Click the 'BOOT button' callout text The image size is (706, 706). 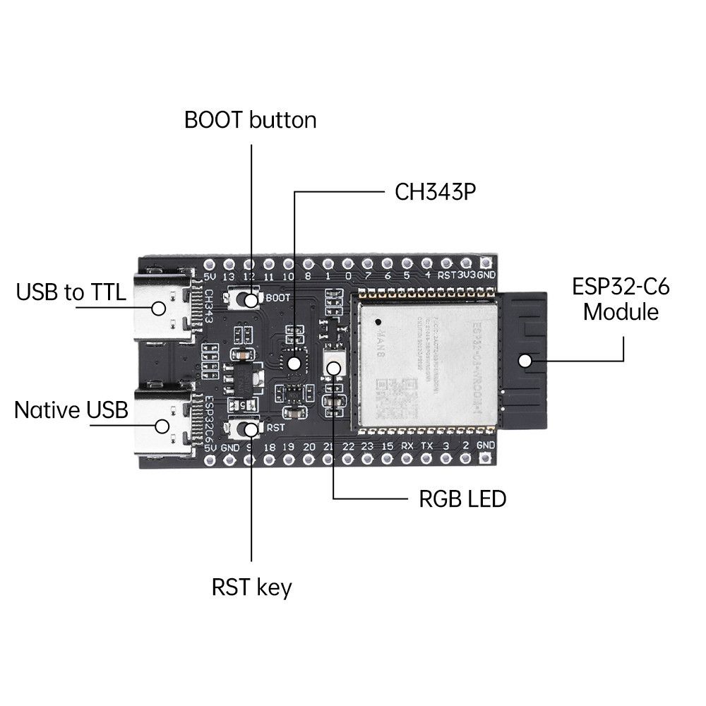coord(250,120)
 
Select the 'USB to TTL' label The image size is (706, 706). coord(71,292)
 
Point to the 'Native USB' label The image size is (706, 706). coord(71,409)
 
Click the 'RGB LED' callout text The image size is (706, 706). coord(462,499)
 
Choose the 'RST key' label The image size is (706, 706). coord(251,587)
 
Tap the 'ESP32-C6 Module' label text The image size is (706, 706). coord(621,299)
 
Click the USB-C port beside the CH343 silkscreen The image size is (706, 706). coord(162,308)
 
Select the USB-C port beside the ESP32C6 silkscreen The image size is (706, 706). coord(162,425)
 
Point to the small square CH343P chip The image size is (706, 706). coord(294,361)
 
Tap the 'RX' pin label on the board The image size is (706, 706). coord(407,447)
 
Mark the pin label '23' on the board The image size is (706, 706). coord(368,447)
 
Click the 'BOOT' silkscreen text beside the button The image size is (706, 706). coord(274,298)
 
